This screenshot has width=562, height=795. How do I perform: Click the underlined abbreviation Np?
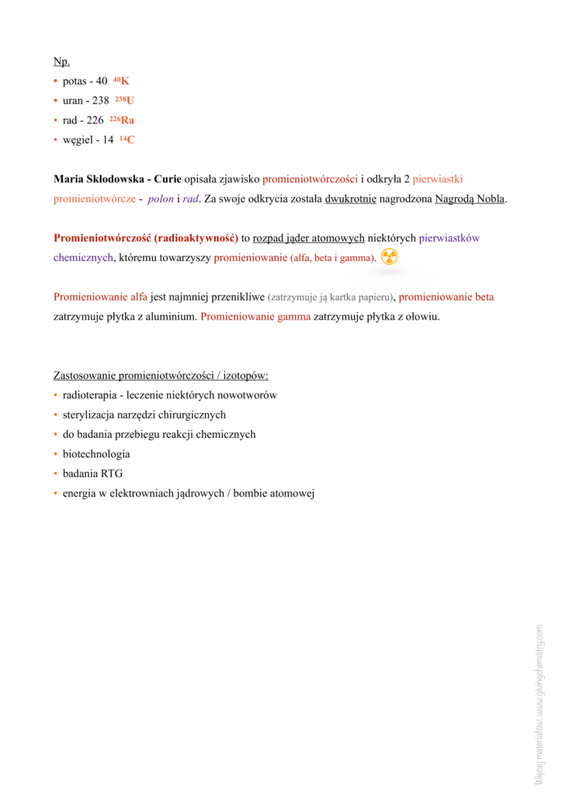(61, 61)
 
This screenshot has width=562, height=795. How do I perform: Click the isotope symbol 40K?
(121, 81)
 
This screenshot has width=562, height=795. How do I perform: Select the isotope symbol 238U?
(124, 100)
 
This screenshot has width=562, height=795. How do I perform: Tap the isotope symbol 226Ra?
(122, 120)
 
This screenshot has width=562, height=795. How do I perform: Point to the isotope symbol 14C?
(127, 140)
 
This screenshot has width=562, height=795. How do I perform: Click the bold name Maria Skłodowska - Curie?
(116, 179)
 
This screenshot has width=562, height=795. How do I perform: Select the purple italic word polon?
(161, 199)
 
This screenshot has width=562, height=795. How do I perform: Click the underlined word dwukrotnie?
(351, 199)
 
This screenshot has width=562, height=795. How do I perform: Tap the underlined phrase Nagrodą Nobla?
(470, 199)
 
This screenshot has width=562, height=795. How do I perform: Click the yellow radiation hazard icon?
(390, 257)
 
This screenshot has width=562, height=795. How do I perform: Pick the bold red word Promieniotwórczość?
(102, 238)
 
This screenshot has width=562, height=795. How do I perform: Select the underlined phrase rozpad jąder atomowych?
(308, 238)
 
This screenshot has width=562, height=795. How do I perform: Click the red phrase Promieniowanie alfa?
(100, 297)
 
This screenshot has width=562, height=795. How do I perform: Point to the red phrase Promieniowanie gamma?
(255, 317)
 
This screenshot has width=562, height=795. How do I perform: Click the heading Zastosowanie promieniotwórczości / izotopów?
(161, 376)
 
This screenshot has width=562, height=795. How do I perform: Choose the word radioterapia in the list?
(91, 395)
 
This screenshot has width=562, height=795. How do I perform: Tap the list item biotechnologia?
(96, 454)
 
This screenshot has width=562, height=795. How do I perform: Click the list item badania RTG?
(92, 474)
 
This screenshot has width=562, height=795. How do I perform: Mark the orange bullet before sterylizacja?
(56, 415)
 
